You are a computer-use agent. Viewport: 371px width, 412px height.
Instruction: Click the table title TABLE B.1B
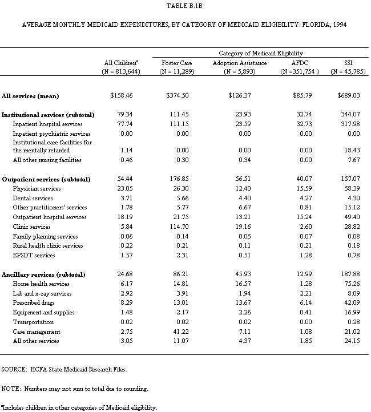pyautogui.click(x=184, y=5)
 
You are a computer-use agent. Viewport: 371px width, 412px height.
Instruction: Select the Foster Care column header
pyautogui.click(x=176, y=62)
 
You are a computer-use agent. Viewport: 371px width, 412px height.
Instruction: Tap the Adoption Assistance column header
pyautogui.click(x=239, y=62)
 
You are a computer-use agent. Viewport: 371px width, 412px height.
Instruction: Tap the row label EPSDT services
pyautogui.click(x=34, y=255)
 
